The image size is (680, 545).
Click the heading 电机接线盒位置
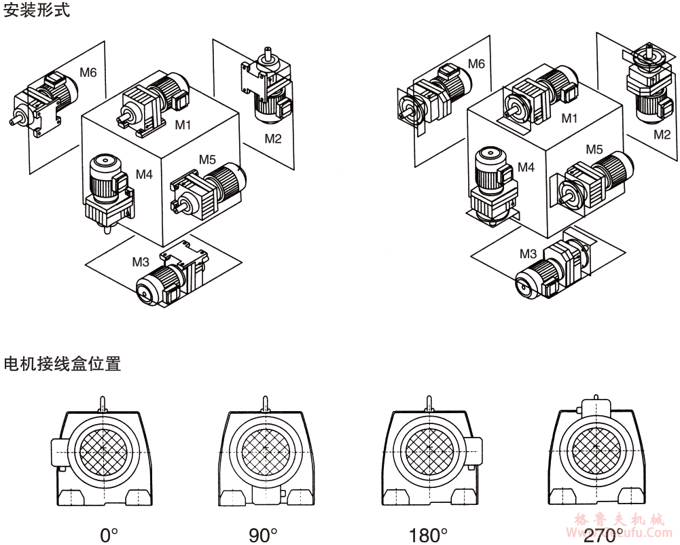coord(62,364)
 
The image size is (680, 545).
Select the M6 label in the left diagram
coord(88,72)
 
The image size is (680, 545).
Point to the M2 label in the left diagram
coord(272,139)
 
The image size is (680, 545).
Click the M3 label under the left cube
coord(141,262)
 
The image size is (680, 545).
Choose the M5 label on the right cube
coord(594,150)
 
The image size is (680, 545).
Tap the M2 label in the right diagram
coord(662,135)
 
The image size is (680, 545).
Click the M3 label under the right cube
coord(528,254)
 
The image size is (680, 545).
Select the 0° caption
coord(109,535)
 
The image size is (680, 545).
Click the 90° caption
coord(263,535)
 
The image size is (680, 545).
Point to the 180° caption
coord(428,535)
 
